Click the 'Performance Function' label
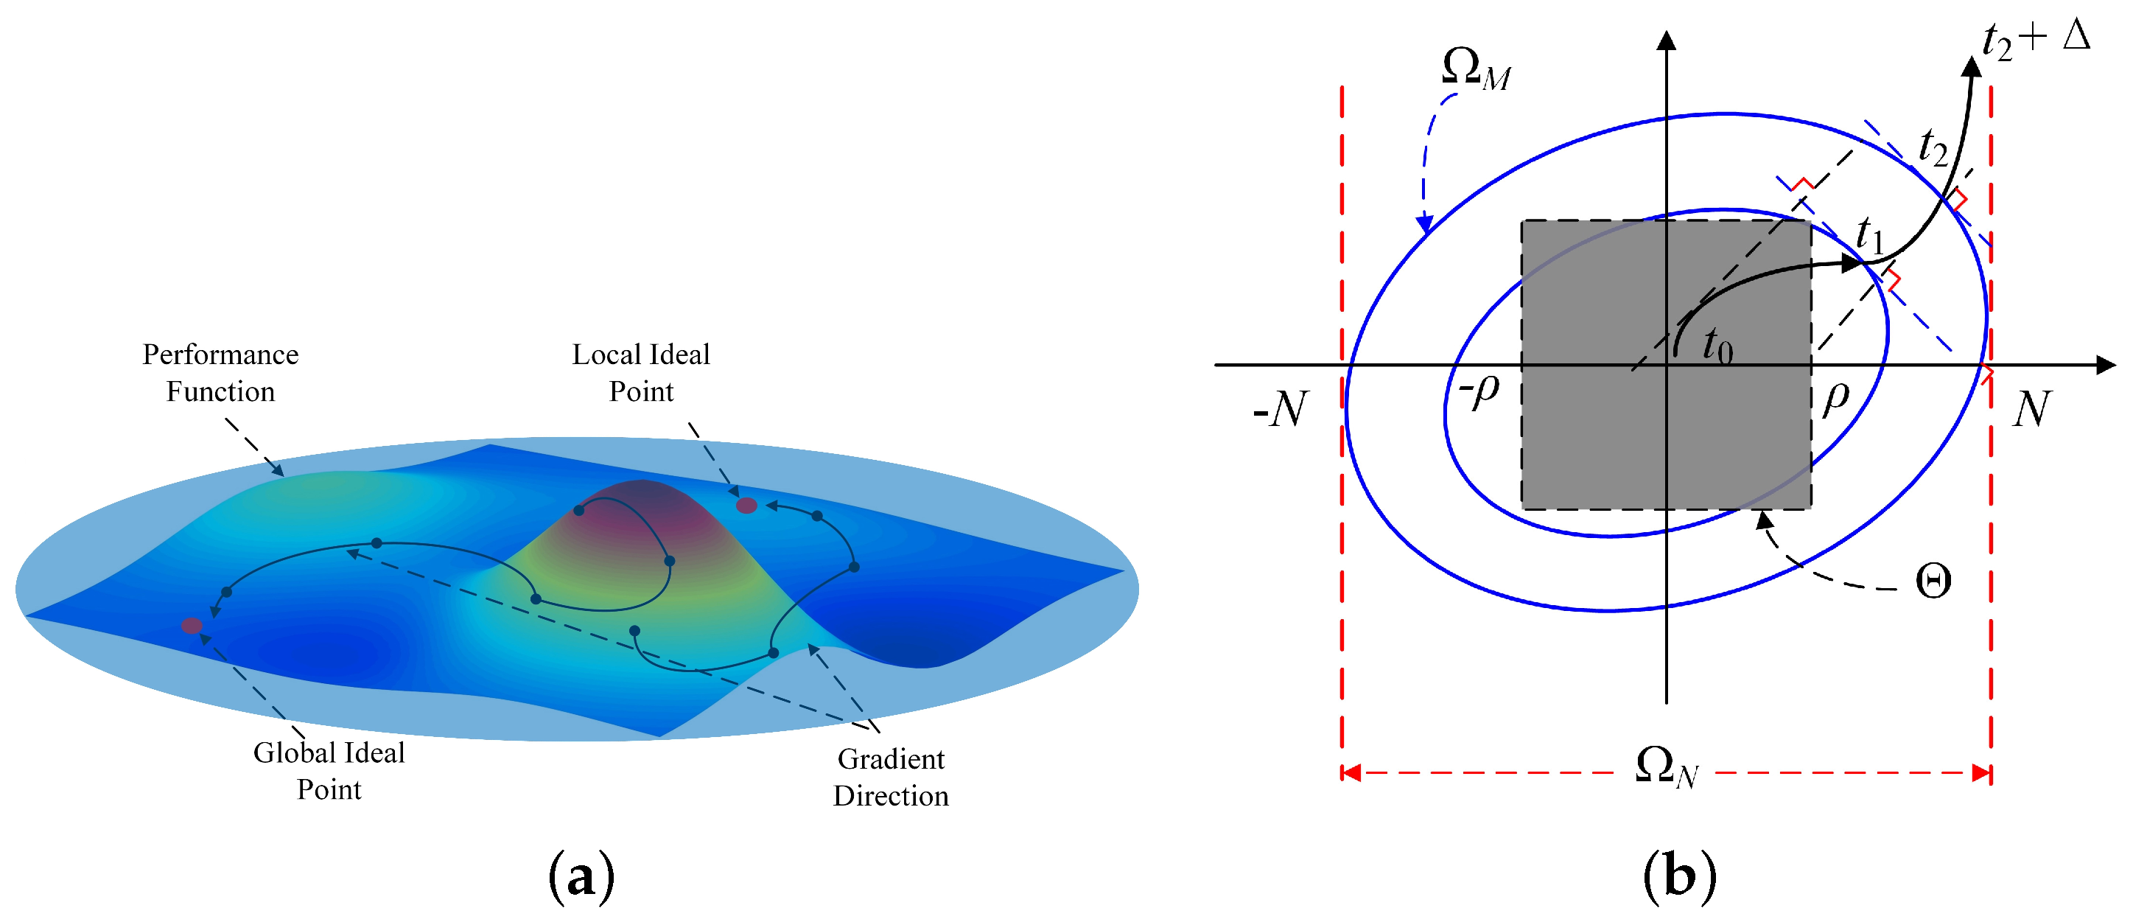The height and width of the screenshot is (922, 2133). pyautogui.click(x=220, y=373)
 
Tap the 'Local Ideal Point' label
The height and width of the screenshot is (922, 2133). pyautogui.click(x=641, y=373)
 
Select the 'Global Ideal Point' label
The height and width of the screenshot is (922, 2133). pyautogui.click(x=329, y=770)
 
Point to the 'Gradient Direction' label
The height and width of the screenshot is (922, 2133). pyautogui.click(x=891, y=777)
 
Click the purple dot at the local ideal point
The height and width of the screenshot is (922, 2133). pyautogui.click(x=746, y=506)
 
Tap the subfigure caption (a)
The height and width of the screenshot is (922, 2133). pyautogui.click(x=581, y=876)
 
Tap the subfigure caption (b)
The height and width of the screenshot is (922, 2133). pyautogui.click(x=1679, y=876)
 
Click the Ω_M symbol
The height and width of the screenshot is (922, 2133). pyautogui.click(x=1476, y=68)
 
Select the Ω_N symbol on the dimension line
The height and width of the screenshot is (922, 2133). pyautogui.click(x=1666, y=767)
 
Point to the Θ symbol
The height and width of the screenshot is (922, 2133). pyautogui.click(x=1933, y=582)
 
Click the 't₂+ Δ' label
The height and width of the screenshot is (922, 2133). pyautogui.click(x=2035, y=40)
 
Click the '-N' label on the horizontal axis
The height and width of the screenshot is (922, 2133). pyautogui.click(x=1280, y=408)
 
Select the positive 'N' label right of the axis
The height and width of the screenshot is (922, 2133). pyautogui.click(x=2032, y=408)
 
